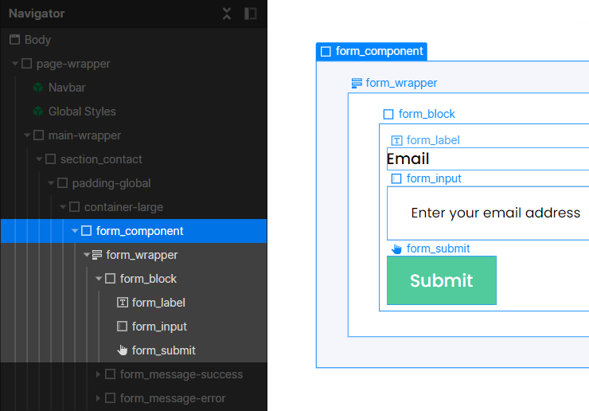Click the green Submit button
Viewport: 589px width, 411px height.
pyautogui.click(x=442, y=280)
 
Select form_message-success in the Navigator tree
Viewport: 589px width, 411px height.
pyautogui.click(x=181, y=374)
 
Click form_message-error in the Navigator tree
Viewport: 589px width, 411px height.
pyautogui.click(x=173, y=398)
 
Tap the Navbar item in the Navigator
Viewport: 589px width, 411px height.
pyautogui.click(x=67, y=88)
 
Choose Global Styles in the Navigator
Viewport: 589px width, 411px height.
pyautogui.click(x=82, y=112)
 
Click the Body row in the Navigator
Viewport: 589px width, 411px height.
pyautogui.click(x=37, y=40)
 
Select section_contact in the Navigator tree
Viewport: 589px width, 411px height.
pyautogui.click(x=101, y=159)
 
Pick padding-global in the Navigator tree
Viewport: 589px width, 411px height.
pyautogui.click(x=111, y=183)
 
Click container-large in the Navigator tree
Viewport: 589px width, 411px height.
pyautogui.click(x=123, y=207)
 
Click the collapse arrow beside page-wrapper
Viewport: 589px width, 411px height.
pyautogui.click(x=15, y=64)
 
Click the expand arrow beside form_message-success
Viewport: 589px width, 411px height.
pyautogui.click(x=98, y=374)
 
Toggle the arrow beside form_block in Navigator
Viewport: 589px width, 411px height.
pyautogui.click(x=99, y=279)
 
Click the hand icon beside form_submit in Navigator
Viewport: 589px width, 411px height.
pyautogui.click(x=123, y=350)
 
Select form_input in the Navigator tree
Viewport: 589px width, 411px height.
pyautogui.click(x=159, y=327)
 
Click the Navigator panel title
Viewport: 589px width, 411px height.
pyautogui.click(x=37, y=14)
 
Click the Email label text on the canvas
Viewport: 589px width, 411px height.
pyautogui.click(x=408, y=159)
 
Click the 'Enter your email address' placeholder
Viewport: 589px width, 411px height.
pyautogui.click(x=495, y=213)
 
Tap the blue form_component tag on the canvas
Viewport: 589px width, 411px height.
pyautogui.click(x=372, y=51)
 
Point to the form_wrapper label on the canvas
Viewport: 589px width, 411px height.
pyautogui.click(x=401, y=83)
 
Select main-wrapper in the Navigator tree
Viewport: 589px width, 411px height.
pyautogui.click(x=84, y=135)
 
